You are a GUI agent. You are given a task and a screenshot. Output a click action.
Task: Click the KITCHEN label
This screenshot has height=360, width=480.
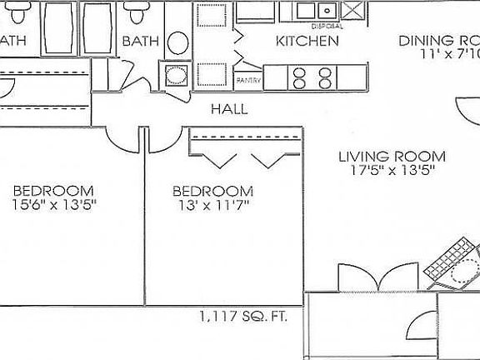307,41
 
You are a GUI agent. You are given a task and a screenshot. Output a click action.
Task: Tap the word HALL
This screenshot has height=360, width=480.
228,108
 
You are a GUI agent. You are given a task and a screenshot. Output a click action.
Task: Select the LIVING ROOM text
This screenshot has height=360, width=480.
391,156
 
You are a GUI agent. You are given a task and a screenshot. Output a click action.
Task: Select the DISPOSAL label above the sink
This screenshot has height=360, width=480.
316,26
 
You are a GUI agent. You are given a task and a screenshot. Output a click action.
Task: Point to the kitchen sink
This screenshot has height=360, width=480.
316,11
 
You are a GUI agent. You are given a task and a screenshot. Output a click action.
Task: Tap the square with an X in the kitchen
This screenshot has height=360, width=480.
352,11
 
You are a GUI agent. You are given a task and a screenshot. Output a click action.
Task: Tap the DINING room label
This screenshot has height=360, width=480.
437,41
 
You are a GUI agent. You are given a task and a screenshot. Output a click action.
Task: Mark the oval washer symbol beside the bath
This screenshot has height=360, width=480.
177,42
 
